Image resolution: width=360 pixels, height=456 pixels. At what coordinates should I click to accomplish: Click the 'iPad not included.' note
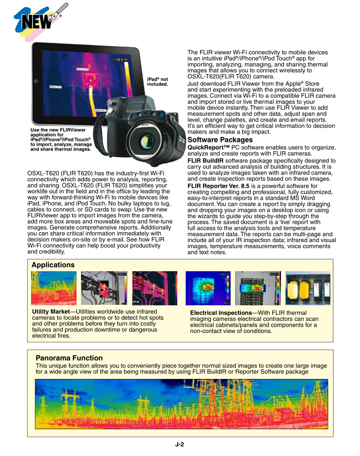(x=158, y=82)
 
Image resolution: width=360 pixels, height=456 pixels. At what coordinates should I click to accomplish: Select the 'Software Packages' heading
(x=220, y=140)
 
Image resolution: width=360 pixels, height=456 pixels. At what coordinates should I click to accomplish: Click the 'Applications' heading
(x=53, y=265)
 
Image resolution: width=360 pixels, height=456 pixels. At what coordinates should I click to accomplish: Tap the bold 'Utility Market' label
(x=50, y=312)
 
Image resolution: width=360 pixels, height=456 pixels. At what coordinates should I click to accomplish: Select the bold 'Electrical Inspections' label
(x=221, y=313)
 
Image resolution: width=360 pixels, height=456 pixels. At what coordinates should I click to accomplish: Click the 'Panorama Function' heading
(x=69, y=358)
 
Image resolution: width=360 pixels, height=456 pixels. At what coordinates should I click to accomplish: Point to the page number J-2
(x=180, y=444)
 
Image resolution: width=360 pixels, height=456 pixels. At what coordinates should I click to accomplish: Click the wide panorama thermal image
(x=181, y=404)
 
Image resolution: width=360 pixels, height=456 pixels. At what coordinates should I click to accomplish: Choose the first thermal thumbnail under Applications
(x=54, y=288)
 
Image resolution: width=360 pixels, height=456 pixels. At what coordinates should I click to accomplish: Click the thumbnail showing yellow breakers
(x=308, y=288)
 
